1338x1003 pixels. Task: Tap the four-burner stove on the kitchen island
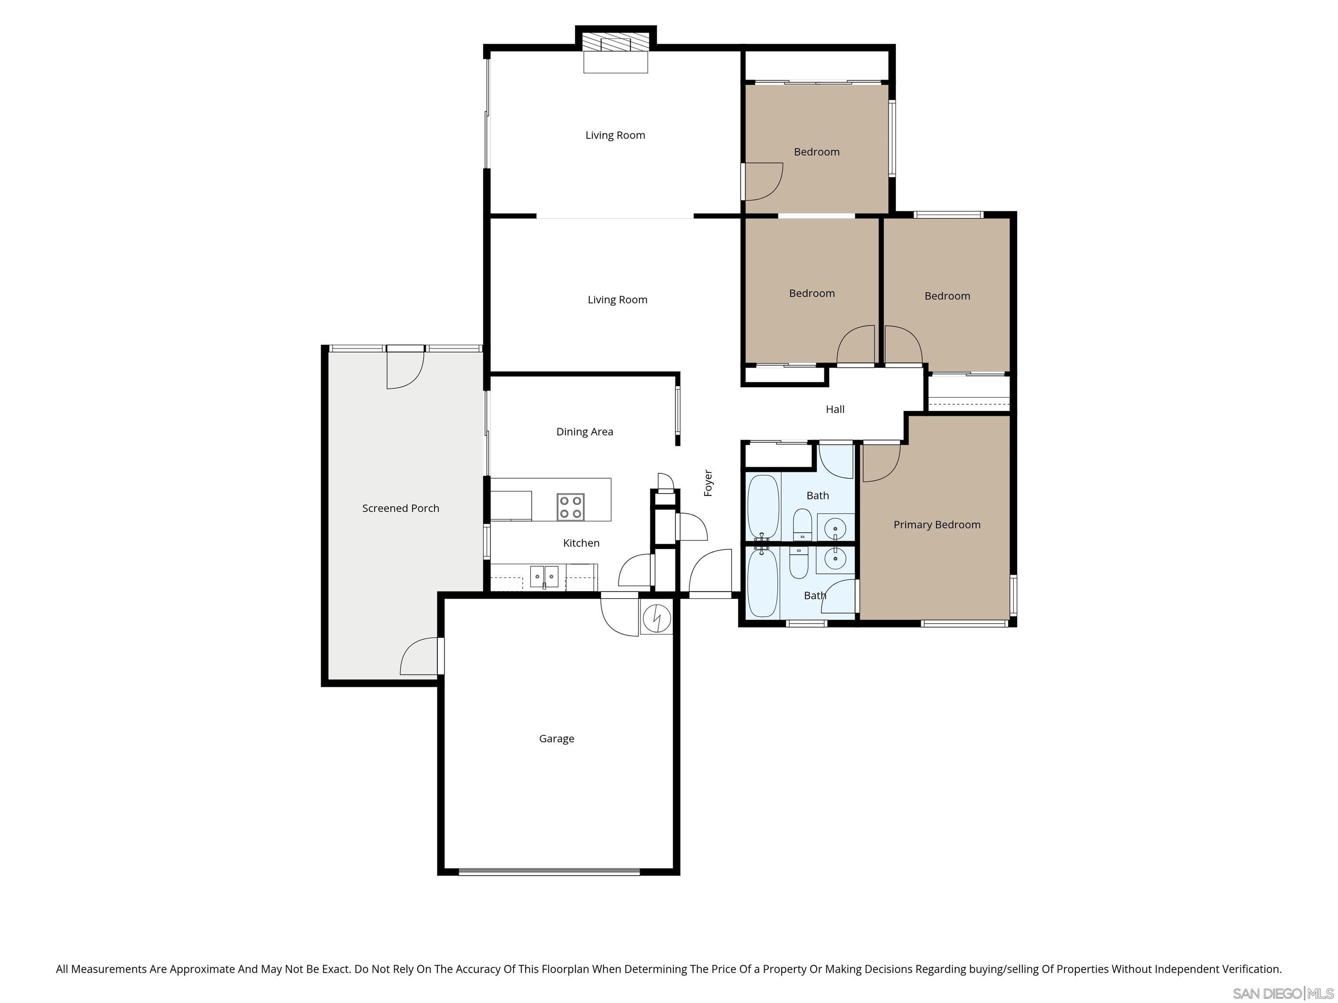coord(571,507)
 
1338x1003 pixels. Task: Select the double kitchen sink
coord(544,576)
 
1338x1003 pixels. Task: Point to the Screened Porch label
coord(400,508)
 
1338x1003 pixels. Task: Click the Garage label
coord(557,738)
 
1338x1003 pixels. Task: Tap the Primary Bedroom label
coord(936,525)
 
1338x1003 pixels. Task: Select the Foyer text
coord(708,483)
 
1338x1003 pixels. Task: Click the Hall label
coord(835,409)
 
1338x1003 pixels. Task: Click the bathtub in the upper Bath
coord(763,507)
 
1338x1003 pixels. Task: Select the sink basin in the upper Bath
coord(835,527)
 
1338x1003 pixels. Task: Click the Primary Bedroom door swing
coord(880,462)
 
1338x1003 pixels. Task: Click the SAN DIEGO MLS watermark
coord(1282,993)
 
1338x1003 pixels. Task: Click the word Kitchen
coord(581,543)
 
